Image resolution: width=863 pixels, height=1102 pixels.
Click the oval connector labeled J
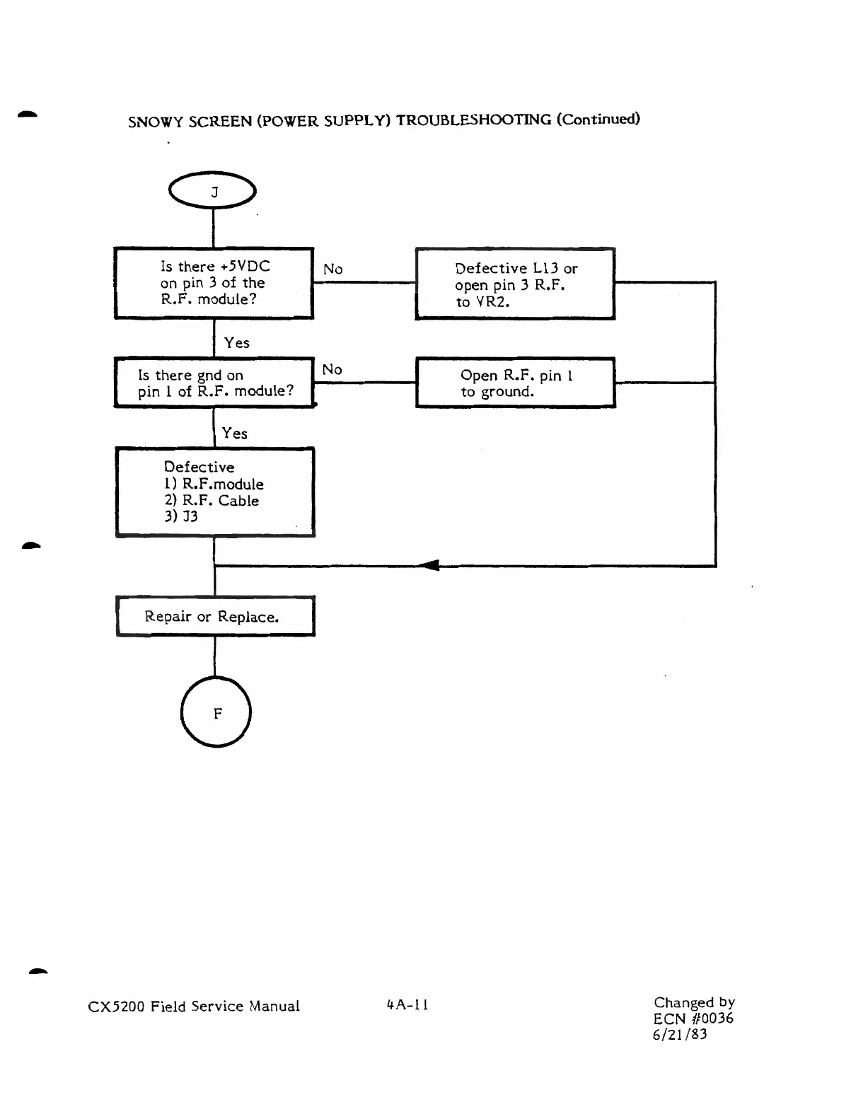click(213, 190)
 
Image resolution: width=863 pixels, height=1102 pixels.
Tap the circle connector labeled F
click(216, 712)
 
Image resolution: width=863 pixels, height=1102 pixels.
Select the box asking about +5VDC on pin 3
click(214, 283)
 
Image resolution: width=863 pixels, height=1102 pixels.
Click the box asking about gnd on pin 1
click(214, 383)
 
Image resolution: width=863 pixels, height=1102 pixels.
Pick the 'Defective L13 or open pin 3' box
click(515, 284)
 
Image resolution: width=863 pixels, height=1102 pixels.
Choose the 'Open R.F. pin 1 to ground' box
click(515, 383)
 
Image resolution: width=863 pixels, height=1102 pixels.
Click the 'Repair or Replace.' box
click(215, 616)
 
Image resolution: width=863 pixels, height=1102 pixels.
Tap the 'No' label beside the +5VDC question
click(332, 269)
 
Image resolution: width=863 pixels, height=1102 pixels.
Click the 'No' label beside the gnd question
click(332, 369)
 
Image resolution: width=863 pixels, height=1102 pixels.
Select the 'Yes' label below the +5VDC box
click(236, 343)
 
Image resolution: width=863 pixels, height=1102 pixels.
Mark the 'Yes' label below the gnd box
click(234, 433)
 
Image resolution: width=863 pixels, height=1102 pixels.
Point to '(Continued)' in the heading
click(598, 119)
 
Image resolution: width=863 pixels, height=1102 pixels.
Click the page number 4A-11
click(407, 1004)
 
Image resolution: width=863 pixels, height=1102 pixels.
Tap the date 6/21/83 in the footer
click(680, 1034)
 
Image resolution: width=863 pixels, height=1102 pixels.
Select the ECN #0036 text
click(693, 1019)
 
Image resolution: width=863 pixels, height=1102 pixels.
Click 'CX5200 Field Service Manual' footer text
click(194, 1006)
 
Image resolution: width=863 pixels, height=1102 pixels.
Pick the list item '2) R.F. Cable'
click(212, 501)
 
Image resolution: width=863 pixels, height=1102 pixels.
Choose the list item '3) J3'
click(181, 516)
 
